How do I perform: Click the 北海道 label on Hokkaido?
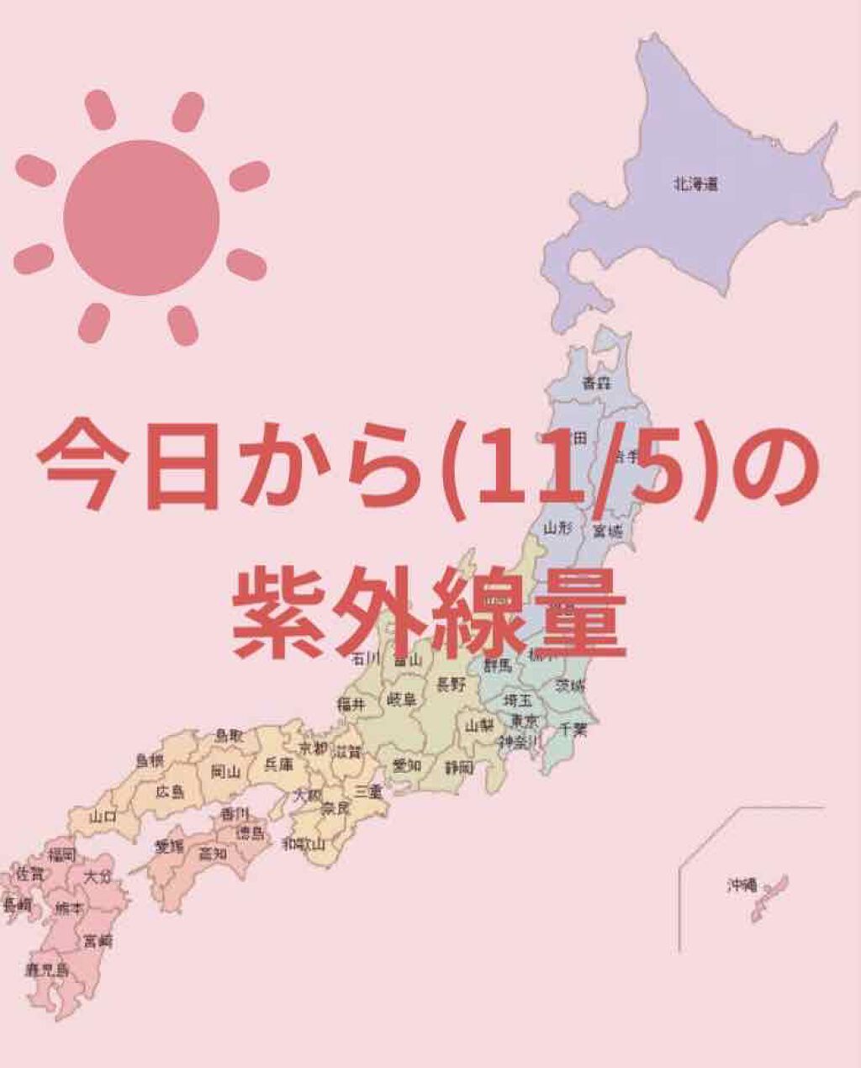pos(695,183)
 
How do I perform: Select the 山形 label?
pos(557,528)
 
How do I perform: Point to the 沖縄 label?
pos(742,885)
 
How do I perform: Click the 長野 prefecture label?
pos(451,685)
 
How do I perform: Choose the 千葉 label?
pos(573,730)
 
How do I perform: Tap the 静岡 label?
pos(459,767)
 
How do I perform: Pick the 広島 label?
pos(171,792)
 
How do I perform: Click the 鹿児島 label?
pos(45,970)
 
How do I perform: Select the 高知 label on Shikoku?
pos(213,853)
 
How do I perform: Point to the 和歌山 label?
pos(304,843)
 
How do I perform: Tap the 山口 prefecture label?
pos(103,816)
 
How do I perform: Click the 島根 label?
pos(150,761)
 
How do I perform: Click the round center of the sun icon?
pos(141,217)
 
